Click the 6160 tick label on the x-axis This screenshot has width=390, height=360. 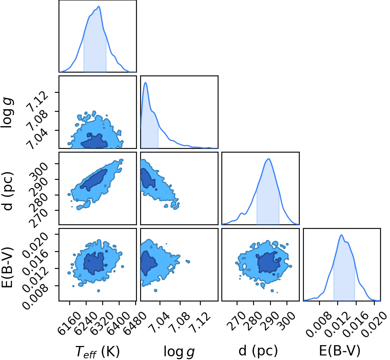point(69,323)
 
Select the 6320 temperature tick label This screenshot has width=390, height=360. point(102,323)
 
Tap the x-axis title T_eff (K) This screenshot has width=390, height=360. point(97,352)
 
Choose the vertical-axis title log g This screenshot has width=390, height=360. point(7,113)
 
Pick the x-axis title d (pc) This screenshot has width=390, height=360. point(258,351)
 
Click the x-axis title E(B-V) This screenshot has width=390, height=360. point(340,351)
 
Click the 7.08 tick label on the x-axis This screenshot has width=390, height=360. point(179,321)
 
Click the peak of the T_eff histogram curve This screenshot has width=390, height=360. point(99,7)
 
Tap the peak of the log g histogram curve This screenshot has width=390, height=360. point(146,82)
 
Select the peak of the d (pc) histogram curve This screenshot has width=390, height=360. point(268,159)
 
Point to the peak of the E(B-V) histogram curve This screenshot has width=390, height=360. point(341,235)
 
